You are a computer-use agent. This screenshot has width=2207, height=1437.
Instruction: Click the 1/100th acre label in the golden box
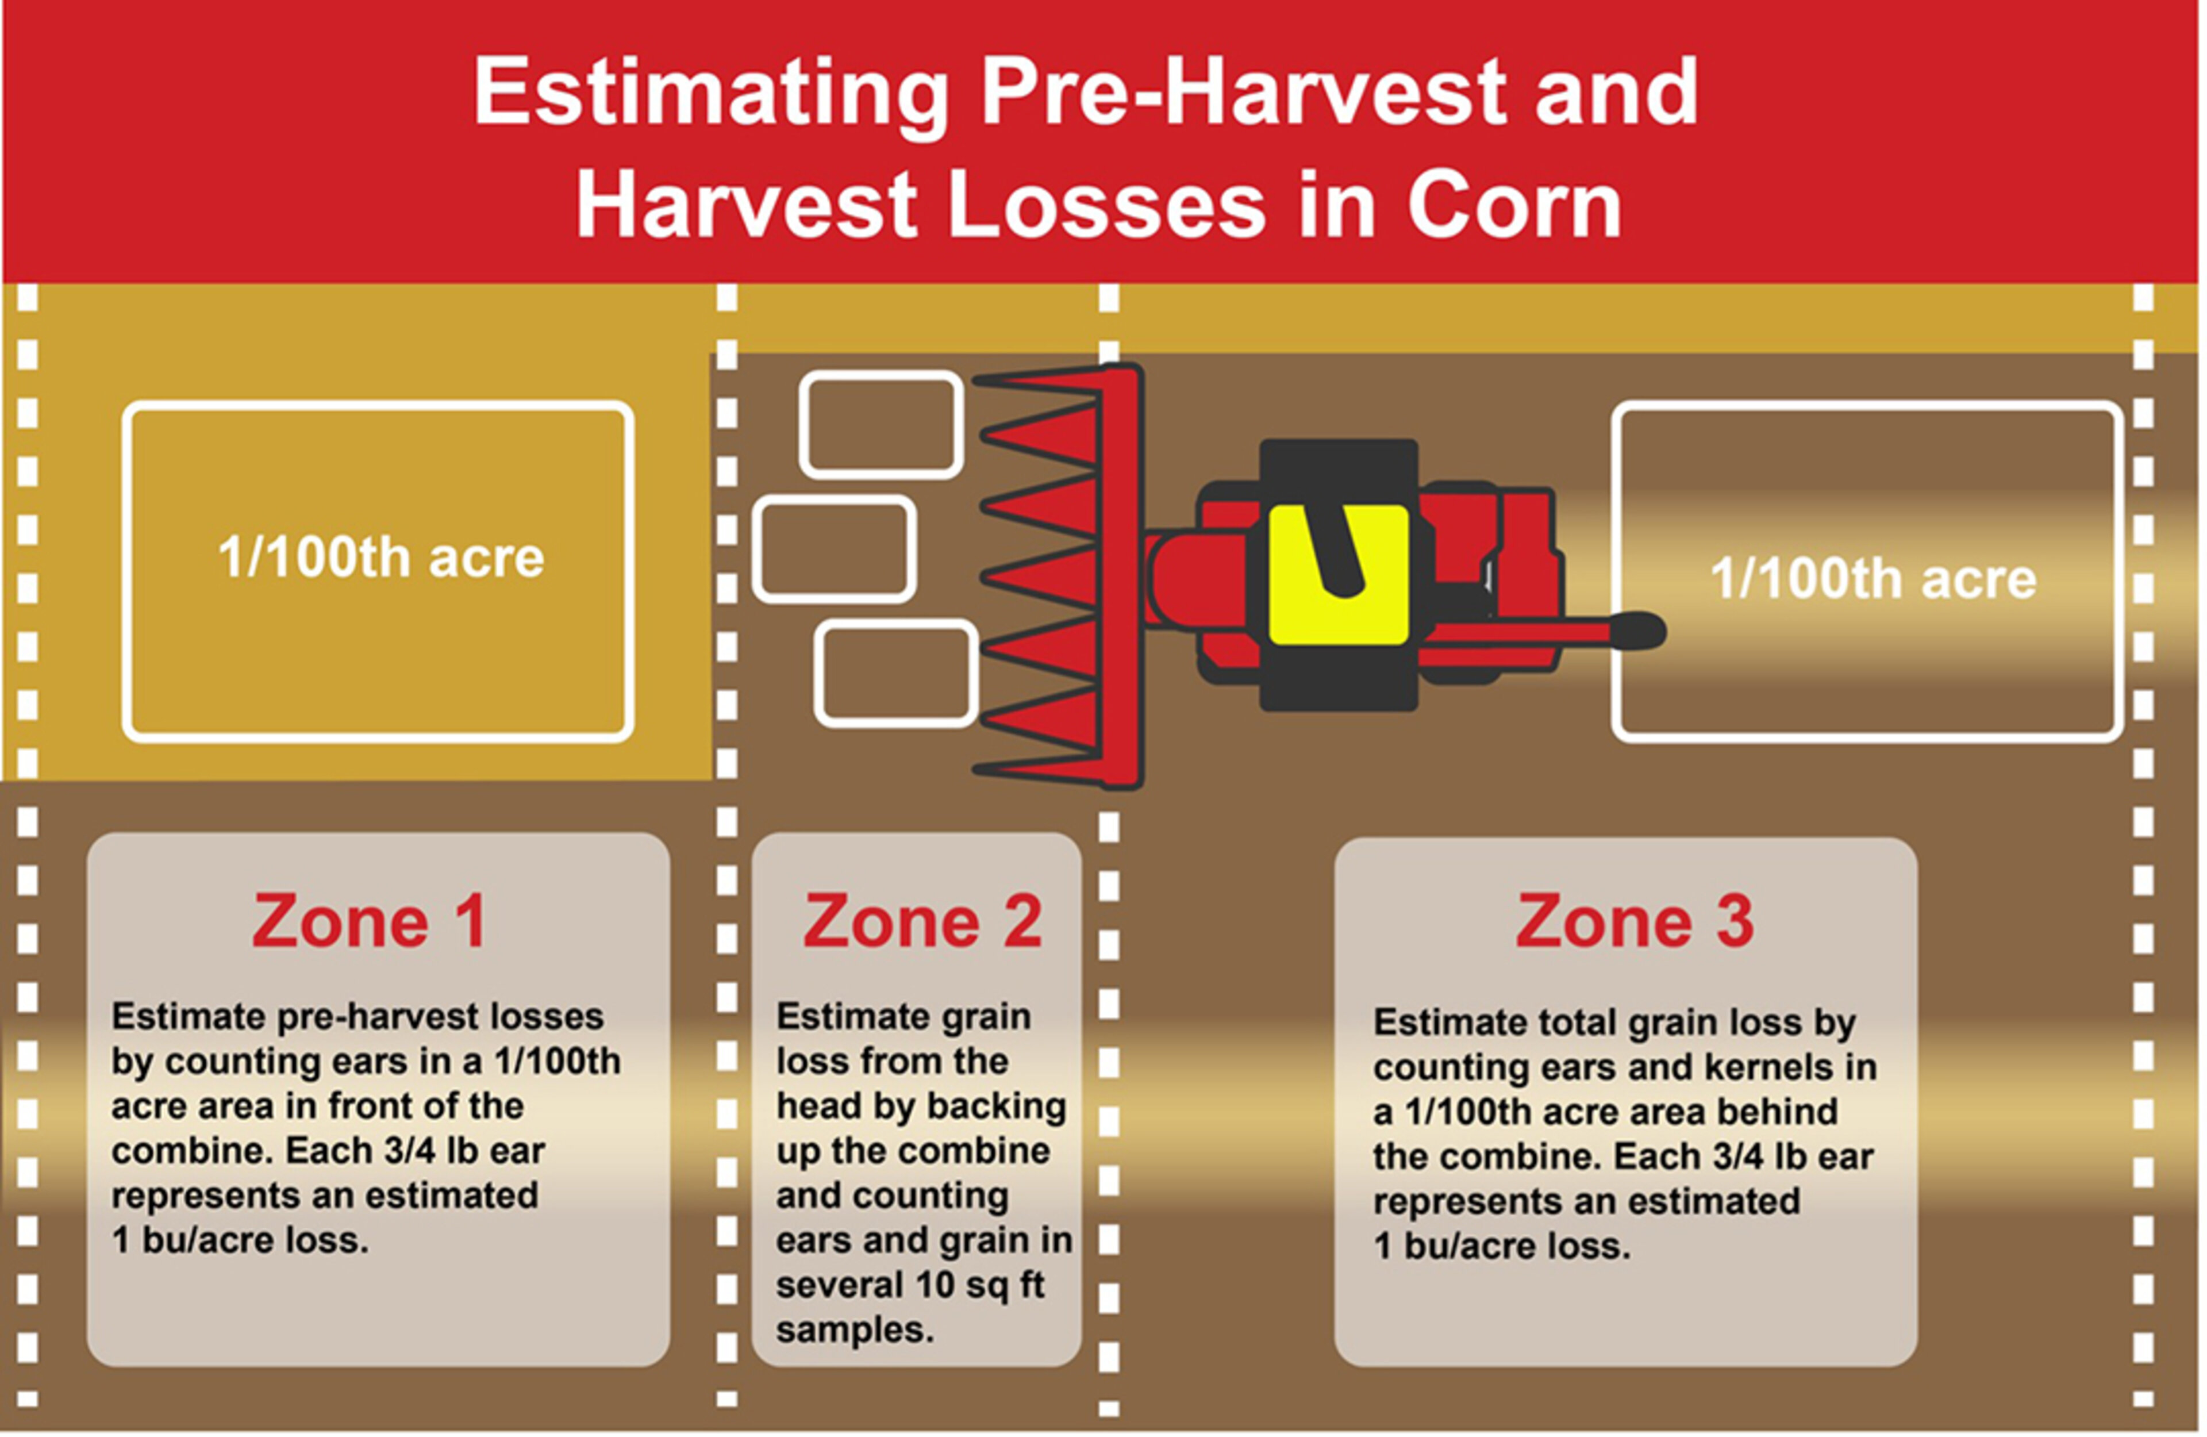tap(380, 558)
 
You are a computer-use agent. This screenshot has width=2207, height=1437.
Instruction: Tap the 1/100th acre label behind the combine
tap(1873, 579)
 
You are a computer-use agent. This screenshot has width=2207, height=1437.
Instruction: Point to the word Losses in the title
tap(1107, 205)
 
